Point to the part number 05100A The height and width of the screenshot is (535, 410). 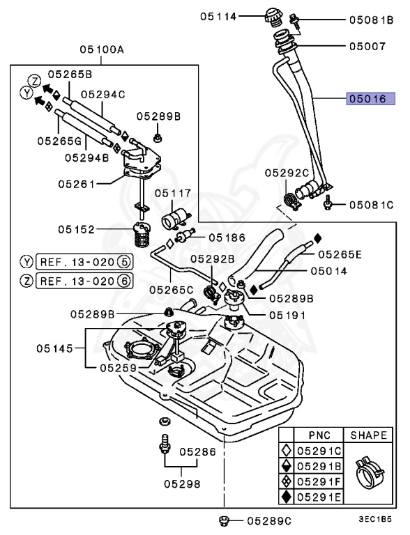pyautogui.click(x=101, y=50)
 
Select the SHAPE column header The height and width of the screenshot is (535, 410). pyautogui.click(x=368, y=435)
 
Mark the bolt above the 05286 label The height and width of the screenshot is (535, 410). pyautogui.click(x=165, y=444)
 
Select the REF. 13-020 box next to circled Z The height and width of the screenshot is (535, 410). pyautogui.click(x=83, y=281)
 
